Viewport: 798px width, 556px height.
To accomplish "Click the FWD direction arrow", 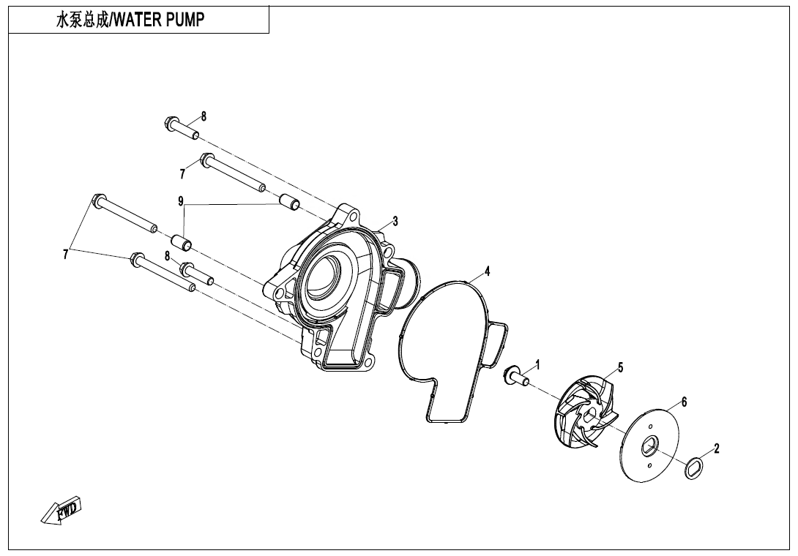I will pos(61,510).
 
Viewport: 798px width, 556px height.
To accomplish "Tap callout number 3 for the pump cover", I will pos(395,222).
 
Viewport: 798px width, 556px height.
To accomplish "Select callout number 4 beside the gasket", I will pos(488,271).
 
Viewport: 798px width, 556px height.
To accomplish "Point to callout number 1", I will pos(537,364).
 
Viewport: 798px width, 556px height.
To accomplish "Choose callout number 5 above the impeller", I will pos(620,367).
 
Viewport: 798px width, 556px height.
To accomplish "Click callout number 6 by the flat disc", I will pos(684,402).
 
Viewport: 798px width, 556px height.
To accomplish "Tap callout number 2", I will pos(717,448).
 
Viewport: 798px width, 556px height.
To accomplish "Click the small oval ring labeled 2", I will pos(694,467).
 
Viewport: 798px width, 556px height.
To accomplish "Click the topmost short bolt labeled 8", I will pos(182,128).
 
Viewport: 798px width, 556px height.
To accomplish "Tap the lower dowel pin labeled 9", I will pos(181,241).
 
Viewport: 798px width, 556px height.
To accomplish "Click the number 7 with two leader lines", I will pos(66,255).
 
